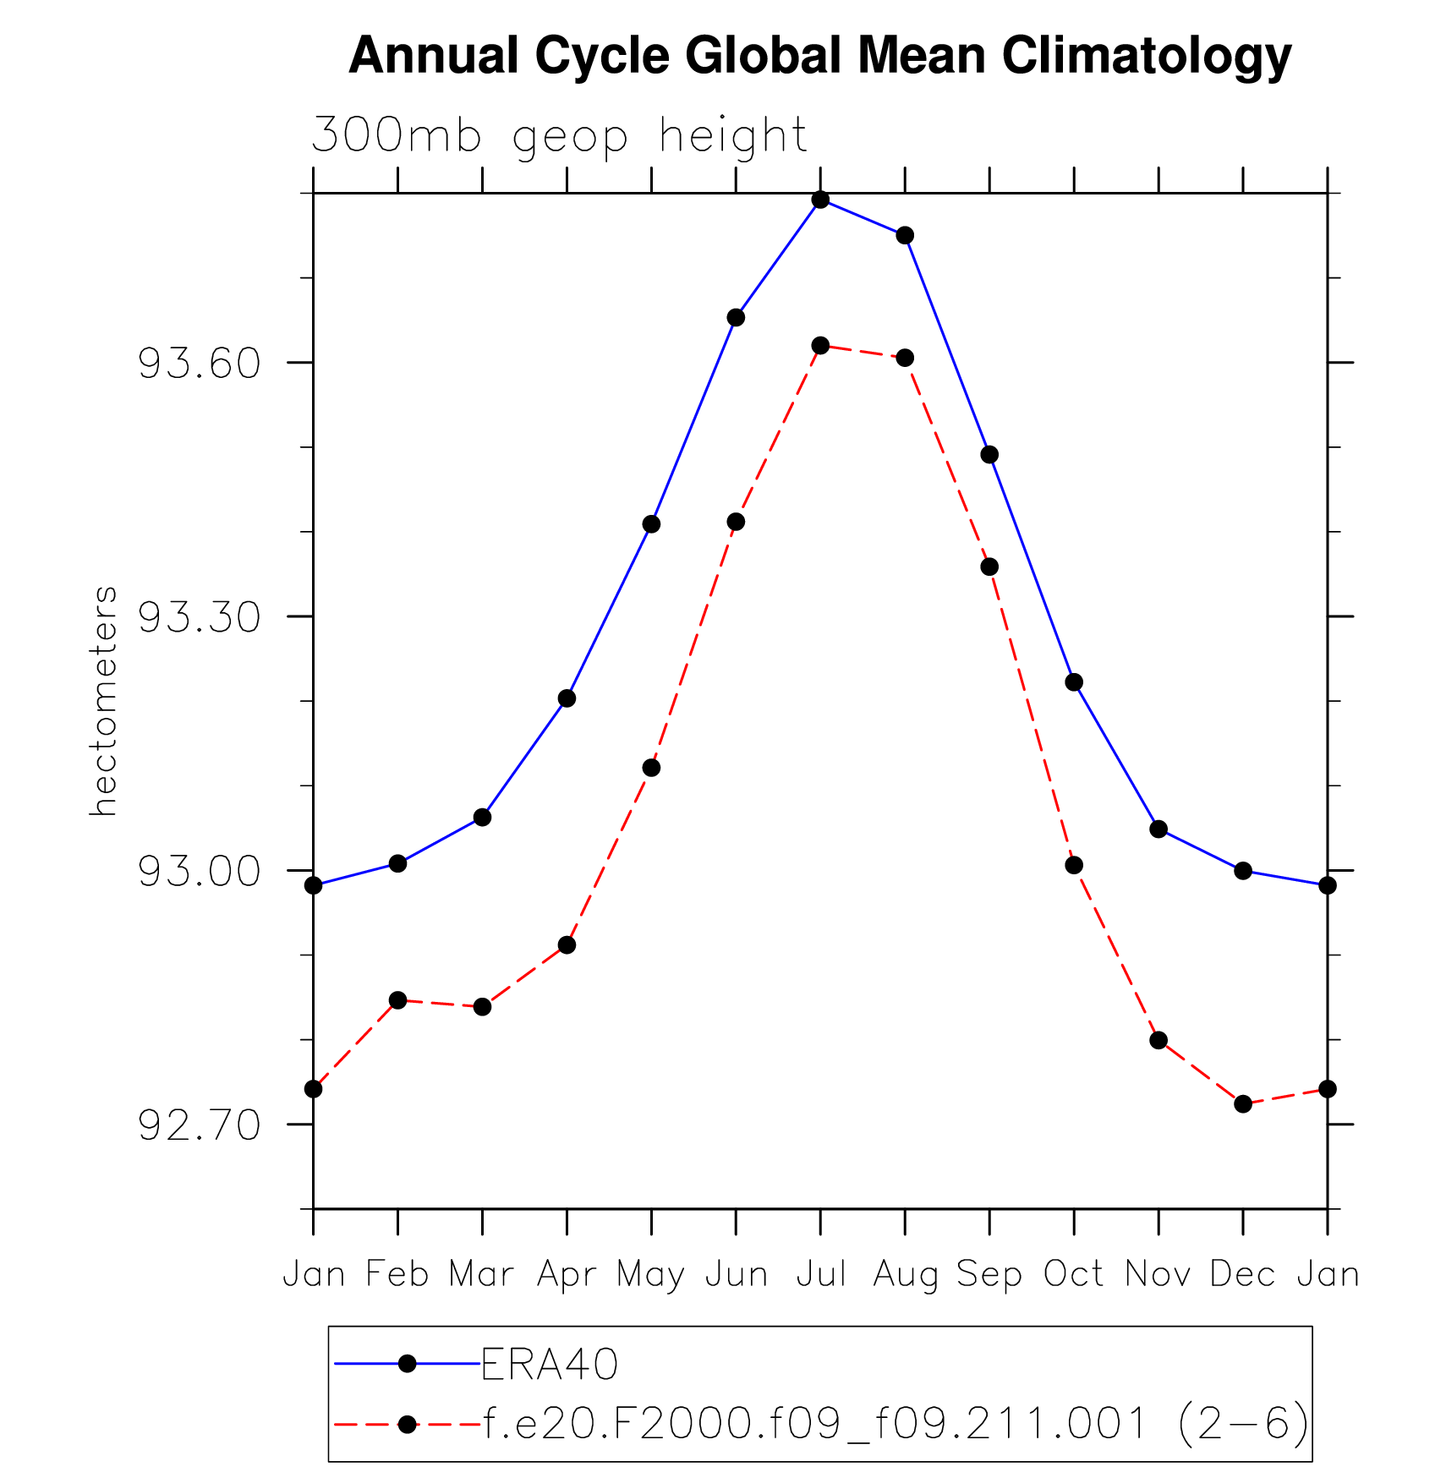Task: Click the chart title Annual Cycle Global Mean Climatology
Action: coord(819,56)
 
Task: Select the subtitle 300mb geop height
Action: coord(559,135)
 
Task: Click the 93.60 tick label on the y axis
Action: coord(200,364)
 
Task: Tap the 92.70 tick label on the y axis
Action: coord(200,1125)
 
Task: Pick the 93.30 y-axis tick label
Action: coord(200,618)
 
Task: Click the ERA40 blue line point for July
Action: coord(820,200)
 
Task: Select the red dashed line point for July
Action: coord(820,345)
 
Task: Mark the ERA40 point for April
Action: coord(567,698)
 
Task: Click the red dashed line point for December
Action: coord(1242,1103)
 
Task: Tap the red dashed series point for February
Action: coord(397,1000)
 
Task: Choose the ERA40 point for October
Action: coord(1074,682)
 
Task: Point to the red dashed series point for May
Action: coord(651,768)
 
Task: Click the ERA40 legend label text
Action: coord(550,1364)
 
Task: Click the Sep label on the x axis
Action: coord(989,1274)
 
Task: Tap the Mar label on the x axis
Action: coord(482,1274)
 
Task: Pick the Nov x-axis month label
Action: coord(1158,1274)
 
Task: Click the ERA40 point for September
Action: coord(989,455)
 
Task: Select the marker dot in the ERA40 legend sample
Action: coord(407,1364)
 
